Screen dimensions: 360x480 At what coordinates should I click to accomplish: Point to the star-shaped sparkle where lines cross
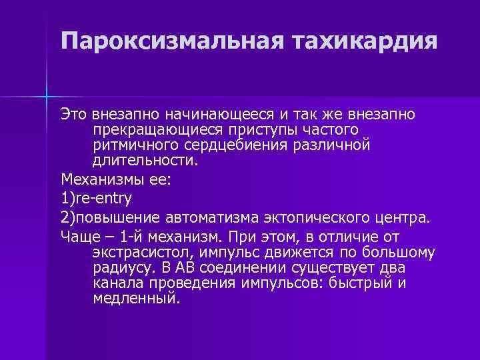point(47,96)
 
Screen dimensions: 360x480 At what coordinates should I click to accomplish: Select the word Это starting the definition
point(73,115)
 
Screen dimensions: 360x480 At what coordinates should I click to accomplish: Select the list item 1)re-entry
point(96,199)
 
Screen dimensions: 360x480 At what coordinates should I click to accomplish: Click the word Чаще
point(78,237)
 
